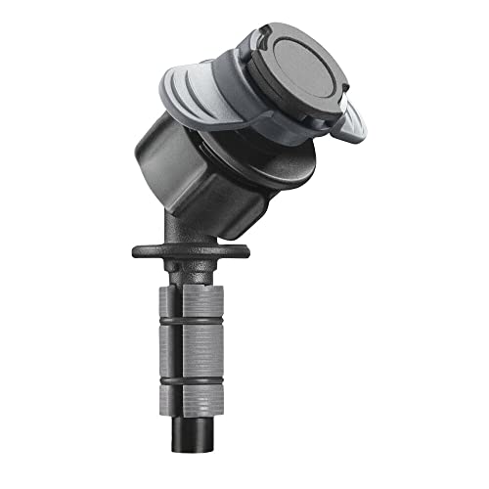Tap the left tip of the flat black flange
tap(137, 249)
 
